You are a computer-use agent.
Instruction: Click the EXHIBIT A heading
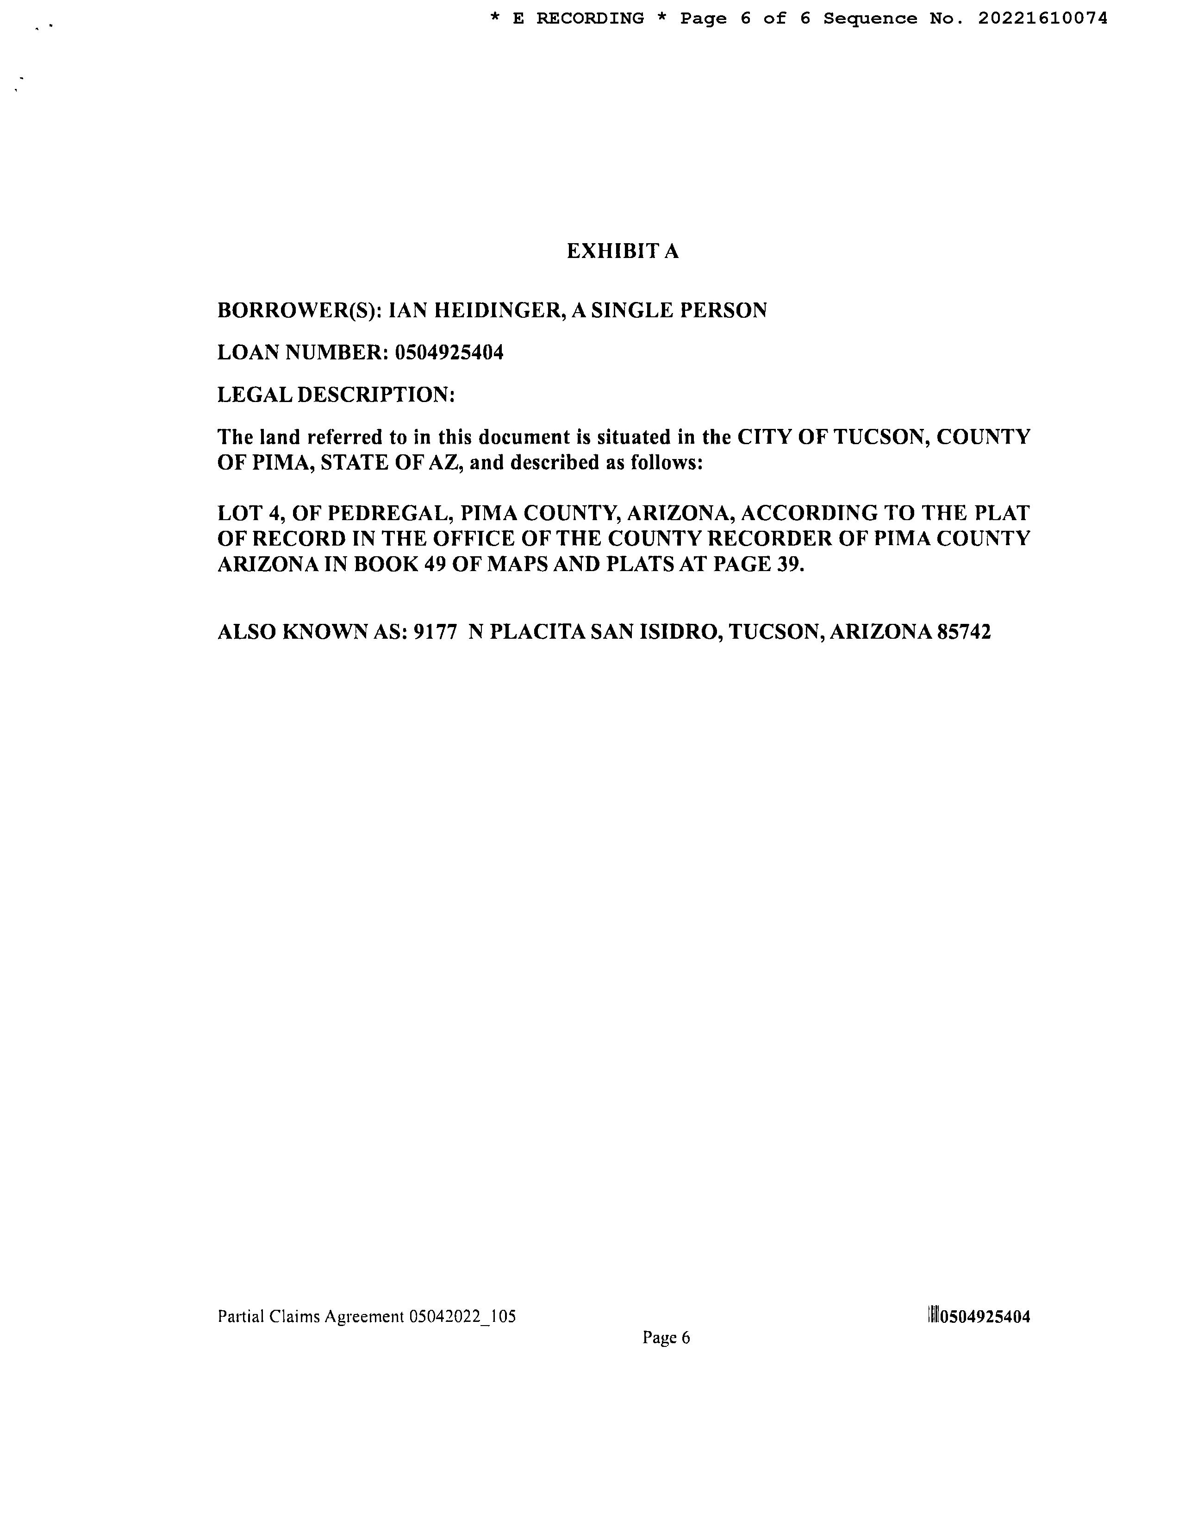(622, 251)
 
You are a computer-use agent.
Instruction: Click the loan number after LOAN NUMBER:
(449, 352)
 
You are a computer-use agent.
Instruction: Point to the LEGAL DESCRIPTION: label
(336, 395)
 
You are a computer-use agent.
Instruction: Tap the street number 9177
(430, 633)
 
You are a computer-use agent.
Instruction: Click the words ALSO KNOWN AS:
(312, 633)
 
